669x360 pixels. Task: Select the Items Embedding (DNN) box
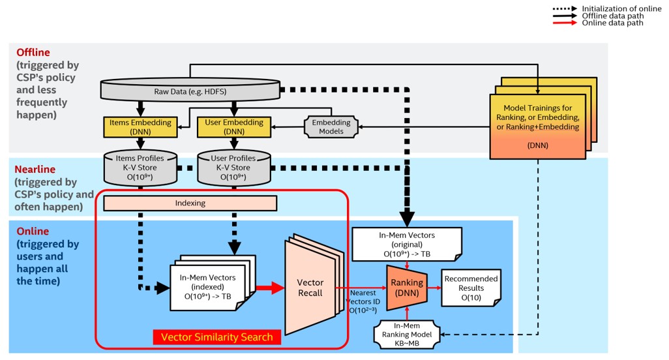tap(140, 127)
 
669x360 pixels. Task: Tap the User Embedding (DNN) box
tap(233, 127)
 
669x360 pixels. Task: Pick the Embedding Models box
tap(331, 127)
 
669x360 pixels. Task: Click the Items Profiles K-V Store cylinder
tap(140, 168)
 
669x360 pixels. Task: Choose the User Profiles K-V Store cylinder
tap(233, 168)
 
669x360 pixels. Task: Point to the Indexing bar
tap(190, 203)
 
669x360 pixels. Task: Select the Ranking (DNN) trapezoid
tap(407, 287)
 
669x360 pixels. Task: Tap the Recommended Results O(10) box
tap(471, 287)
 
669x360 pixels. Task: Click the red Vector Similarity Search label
tap(216, 337)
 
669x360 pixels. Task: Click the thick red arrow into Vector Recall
tap(269, 287)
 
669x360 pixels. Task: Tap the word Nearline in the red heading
tap(37, 170)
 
